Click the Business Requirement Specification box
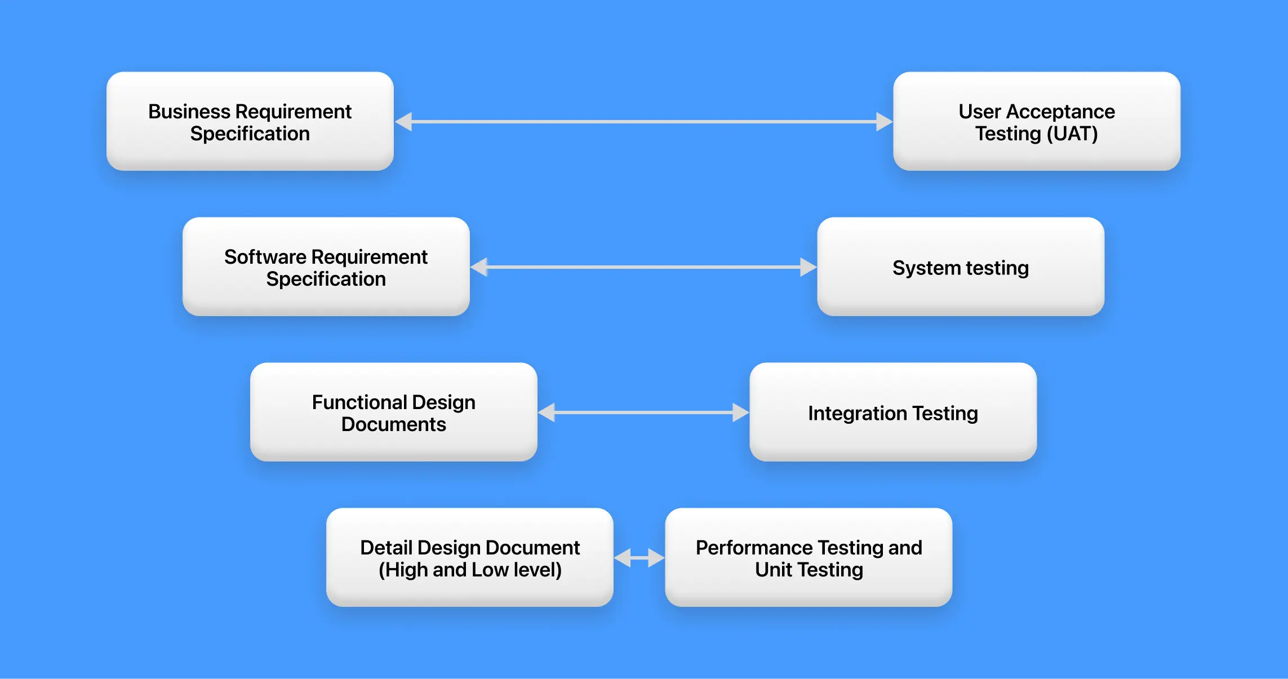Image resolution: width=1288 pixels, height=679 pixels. coord(250,121)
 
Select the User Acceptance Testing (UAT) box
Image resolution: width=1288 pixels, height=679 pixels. coord(1036,121)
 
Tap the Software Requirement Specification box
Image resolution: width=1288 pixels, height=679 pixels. coord(326,267)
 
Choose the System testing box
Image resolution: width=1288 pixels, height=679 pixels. coord(960,267)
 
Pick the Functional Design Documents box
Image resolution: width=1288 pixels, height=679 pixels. coord(393,412)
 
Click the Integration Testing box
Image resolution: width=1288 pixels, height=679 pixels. coord(892,412)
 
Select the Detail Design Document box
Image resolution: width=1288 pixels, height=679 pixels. coord(469,557)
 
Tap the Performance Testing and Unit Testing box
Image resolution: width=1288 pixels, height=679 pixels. coord(808,557)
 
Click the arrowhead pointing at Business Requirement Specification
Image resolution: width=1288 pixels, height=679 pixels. coord(404,121)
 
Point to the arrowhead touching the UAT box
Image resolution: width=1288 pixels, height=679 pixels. coord(884,121)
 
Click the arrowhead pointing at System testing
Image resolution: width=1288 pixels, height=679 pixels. coord(808,267)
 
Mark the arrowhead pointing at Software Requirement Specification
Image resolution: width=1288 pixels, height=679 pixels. coord(479,267)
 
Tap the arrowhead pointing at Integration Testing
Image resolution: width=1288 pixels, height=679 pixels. coord(740,412)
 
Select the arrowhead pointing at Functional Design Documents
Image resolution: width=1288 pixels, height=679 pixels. coord(547,412)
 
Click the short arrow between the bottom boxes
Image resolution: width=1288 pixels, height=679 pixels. coord(639,558)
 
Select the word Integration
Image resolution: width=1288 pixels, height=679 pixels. coord(857,413)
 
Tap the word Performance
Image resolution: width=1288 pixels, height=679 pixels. coord(754,548)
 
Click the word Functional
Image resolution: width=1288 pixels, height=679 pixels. coord(359,402)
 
